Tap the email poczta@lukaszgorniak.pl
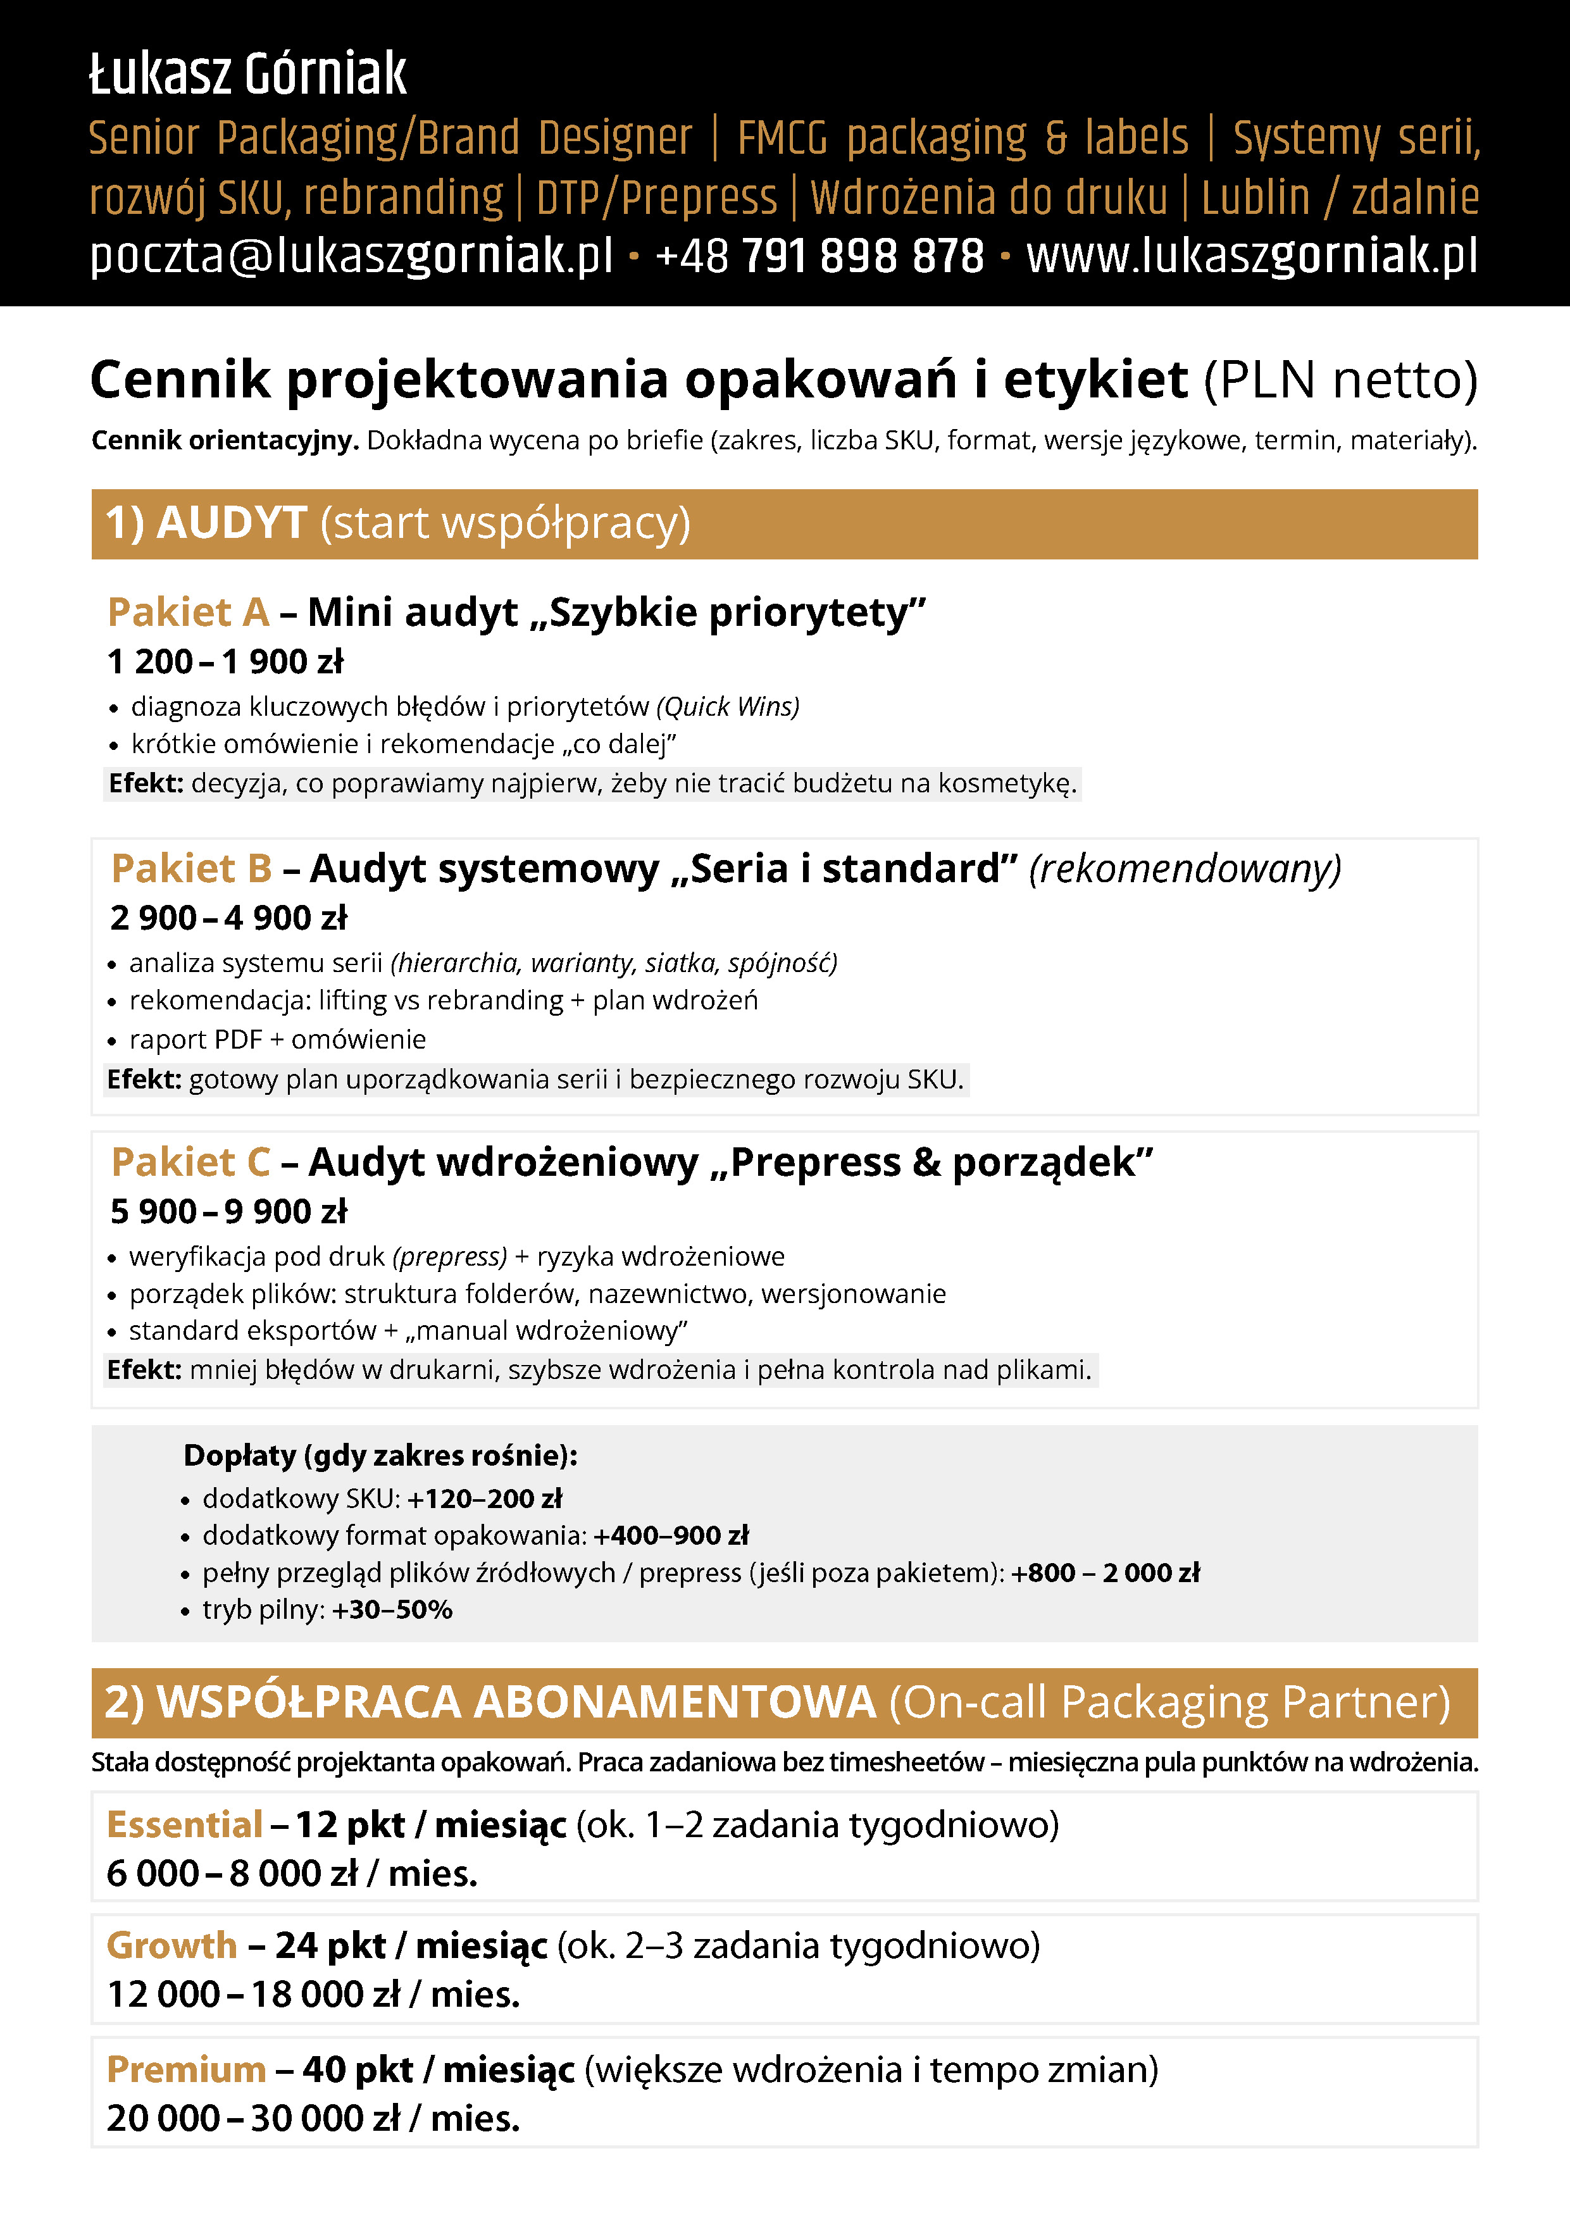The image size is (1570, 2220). (x=351, y=256)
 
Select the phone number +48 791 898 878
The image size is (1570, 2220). (x=819, y=256)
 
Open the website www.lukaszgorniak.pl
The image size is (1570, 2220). (x=1251, y=256)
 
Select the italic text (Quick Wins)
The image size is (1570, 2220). (x=727, y=707)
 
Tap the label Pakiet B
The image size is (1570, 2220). (x=191, y=868)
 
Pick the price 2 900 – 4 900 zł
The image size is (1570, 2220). (x=228, y=918)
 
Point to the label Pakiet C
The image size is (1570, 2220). (x=190, y=1163)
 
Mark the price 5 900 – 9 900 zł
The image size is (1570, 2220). (x=228, y=1211)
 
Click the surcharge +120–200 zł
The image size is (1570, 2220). (x=484, y=1499)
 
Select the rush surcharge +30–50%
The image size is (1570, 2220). (x=392, y=1610)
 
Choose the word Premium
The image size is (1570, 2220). (x=185, y=2069)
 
